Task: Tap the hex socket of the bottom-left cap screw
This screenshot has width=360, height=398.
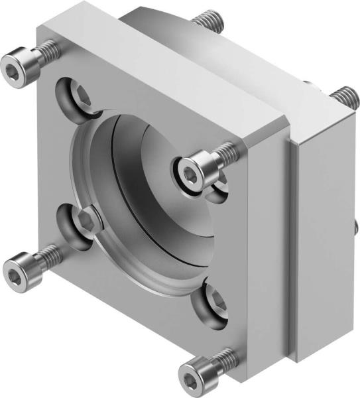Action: (x=14, y=270)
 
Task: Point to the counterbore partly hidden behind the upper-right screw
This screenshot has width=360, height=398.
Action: (x=219, y=189)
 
